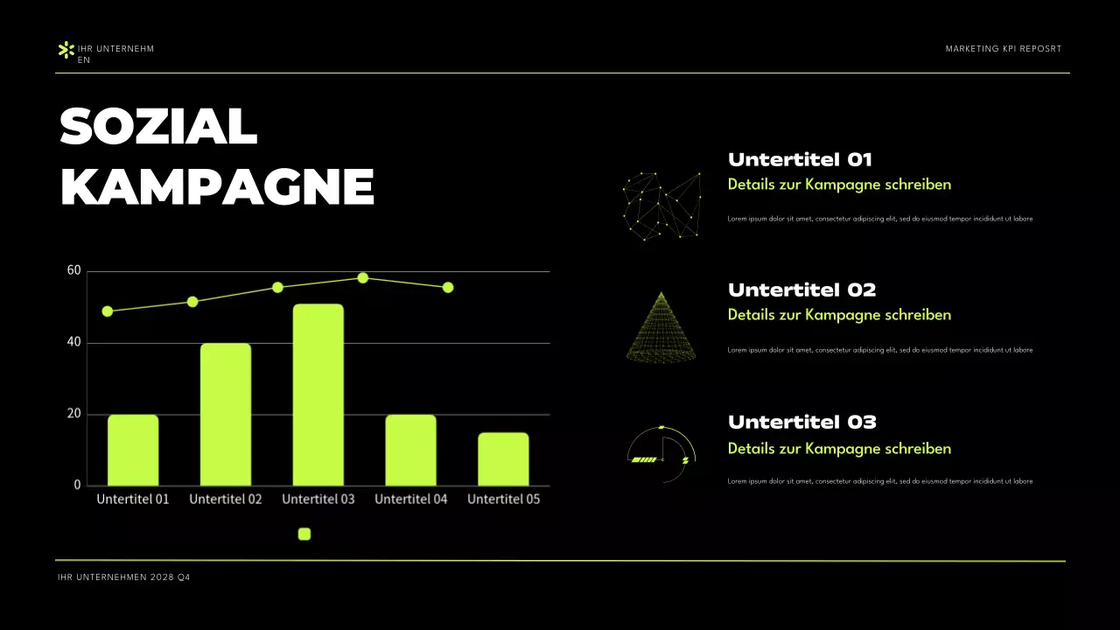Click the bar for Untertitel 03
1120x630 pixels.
click(318, 395)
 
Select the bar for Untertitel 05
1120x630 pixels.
click(503, 458)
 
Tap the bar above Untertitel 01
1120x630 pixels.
click(133, 450)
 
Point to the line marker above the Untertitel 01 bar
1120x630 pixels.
click(108, 311)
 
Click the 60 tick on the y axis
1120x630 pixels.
click(73, 270)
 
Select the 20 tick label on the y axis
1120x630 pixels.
click(73, 414)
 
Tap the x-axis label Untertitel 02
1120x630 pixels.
click(225, 499)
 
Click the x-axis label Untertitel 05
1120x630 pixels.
click(503, 499)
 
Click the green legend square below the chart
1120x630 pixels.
click(304, 534)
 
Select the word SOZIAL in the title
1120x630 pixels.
click(158, 128)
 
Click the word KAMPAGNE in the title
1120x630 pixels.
click(217, 186)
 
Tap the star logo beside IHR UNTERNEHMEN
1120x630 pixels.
click(66, 50)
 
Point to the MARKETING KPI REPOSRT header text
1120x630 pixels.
click(1003, 49)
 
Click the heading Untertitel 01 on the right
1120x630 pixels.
click(800, 159)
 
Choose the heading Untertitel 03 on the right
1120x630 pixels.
click(801, 422)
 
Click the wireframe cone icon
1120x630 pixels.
click(661, 327)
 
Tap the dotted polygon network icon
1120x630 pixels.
click(661, 205)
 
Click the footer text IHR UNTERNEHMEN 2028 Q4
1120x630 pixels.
click(123, 577)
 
